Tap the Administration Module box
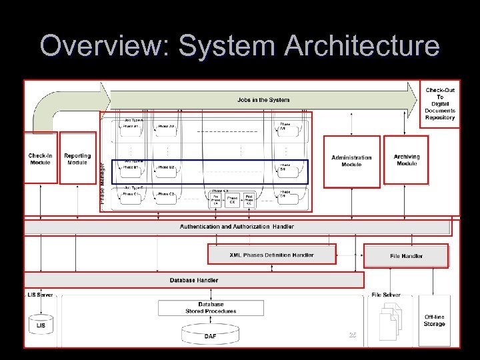[351, 161]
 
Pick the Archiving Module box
[407, 160]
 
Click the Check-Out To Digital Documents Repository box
[440, 103]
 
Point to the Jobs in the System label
[263, 100]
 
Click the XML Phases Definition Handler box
[271, 255]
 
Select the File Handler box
[406, 256]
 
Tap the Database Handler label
[194, 280]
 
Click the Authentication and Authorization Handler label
[237, 227]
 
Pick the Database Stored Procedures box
[211, 308]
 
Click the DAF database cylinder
[210, 334]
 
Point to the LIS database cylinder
[41, 324]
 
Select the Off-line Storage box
[434, 321]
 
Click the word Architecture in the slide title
[362, 46]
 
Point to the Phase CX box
[232, 199]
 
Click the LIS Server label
[41, 295]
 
